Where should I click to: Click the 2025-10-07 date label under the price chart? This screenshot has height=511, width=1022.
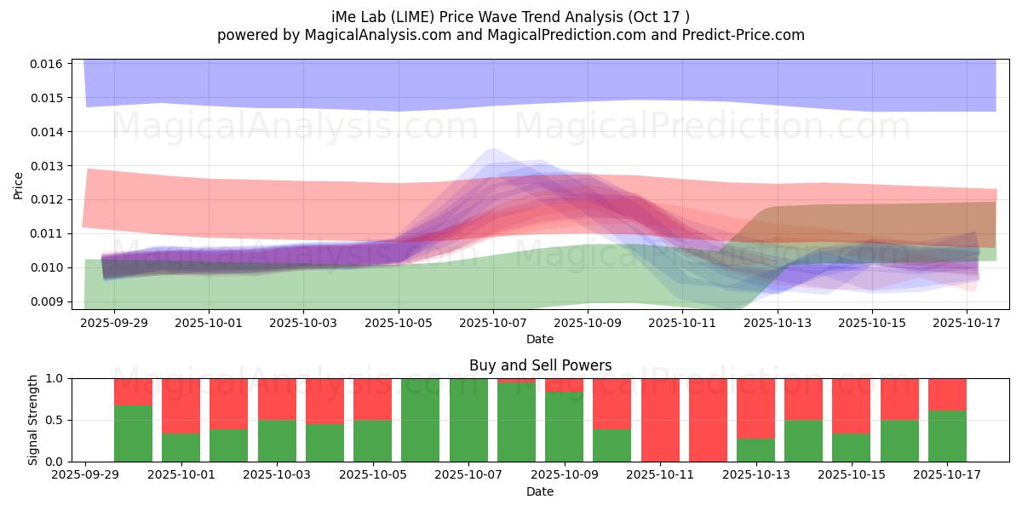[493, 324]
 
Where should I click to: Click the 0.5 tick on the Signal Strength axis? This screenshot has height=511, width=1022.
[55, 420]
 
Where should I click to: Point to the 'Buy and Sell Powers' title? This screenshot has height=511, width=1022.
[540, 365]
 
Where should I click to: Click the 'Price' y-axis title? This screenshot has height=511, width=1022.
[19, 185]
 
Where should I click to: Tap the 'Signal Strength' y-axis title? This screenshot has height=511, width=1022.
[32, 420]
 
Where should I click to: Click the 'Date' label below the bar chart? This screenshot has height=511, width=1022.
[540, 491]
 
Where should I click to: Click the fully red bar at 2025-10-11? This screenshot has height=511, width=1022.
[660, 420]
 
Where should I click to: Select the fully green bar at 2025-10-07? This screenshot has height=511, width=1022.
[468, 420]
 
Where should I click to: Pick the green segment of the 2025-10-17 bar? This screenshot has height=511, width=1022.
[947, 436]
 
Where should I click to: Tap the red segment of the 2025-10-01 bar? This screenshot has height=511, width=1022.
[181, 405]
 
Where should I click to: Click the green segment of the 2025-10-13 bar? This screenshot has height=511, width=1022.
[755, 450]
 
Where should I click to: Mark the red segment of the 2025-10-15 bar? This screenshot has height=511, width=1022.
[852, 405]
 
